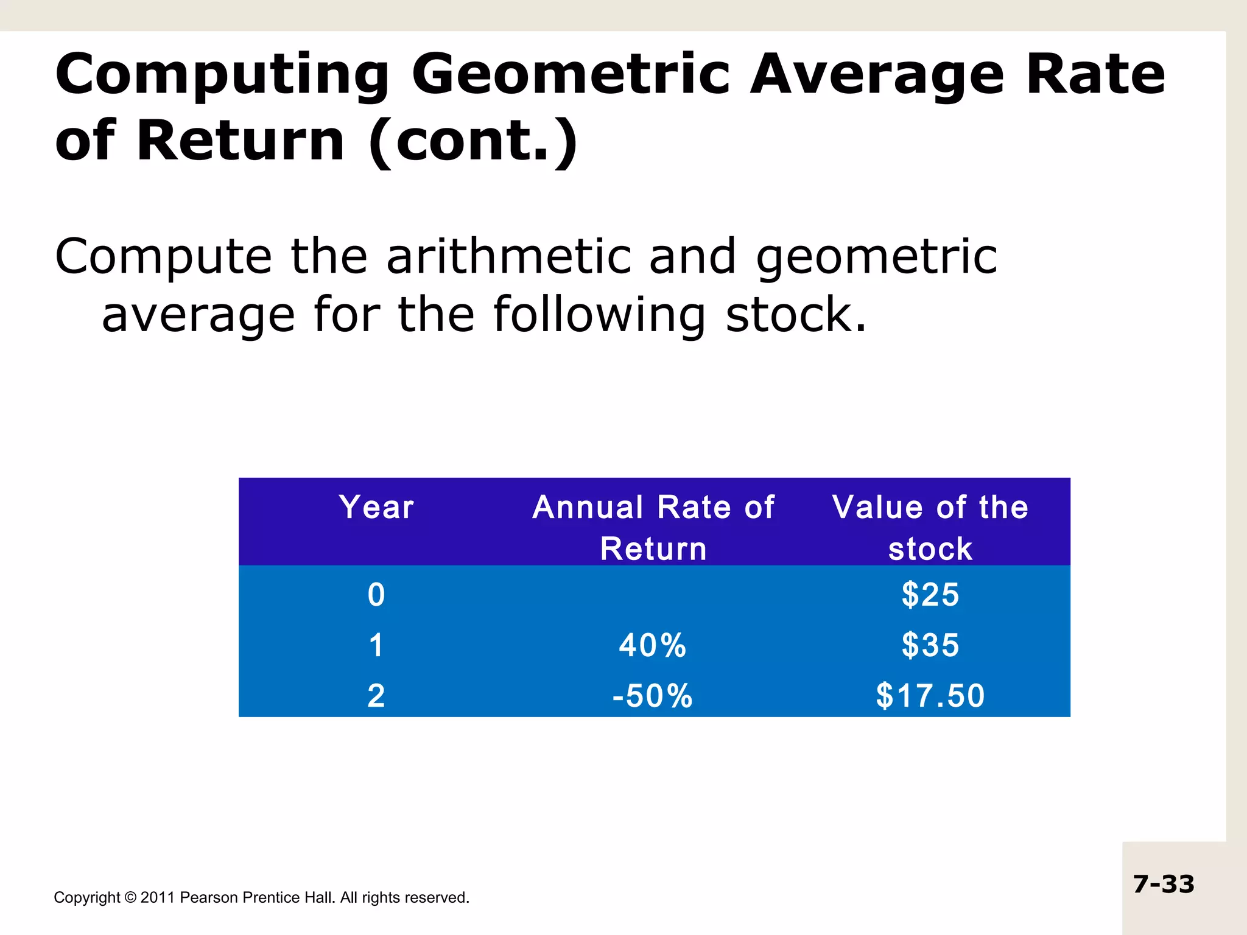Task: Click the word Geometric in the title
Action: pyautogui.click(x=570, y=75)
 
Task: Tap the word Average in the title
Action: pyautogui.click(x=876, y=75)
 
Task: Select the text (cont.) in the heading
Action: pyautogui.click(x=473, y=141)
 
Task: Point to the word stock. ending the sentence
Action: pyautogui.click(x=796, y=315)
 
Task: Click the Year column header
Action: pyautogui.click(x=376, y=507)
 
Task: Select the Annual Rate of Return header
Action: pyautogui.click(x=653, y=527)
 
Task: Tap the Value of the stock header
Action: pyautogui.click(x=930, y=527)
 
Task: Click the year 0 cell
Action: pyautogui.click(x=376, y=595)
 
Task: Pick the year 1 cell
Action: pyautogui.click(x=376, y=645)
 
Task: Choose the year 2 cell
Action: pyautogui.click(x=376, y=696)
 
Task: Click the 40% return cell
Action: pyautogui.click(x=653, y=645)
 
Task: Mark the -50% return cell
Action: pyautogui.click(x=653, y=696)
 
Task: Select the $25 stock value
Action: pyautogui.click(x=930, y=595)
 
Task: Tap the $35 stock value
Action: pyautogui.click(x=930, y=645)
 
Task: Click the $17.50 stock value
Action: pyautogui.click(x=930, y=696)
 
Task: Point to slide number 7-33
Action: pyautogui.click(x=1164, y=884)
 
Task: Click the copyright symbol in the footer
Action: pyautogui.click(x=130, y=898)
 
